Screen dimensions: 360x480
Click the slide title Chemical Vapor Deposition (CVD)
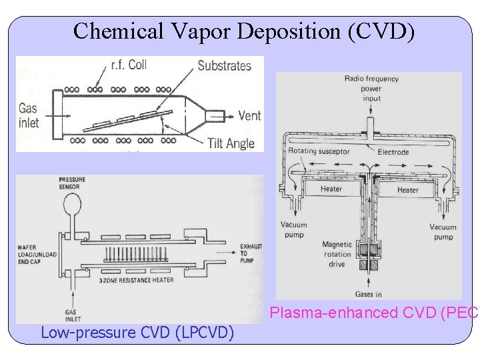pos(244,31)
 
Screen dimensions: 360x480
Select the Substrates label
pos(224,65)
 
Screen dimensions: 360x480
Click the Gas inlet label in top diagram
pos(28,115)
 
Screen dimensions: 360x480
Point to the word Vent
pos(249,115)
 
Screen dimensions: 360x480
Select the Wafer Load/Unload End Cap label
pos(37,255)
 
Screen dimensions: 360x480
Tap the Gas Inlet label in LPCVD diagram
pos(72,315)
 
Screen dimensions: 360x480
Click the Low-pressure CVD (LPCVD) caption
pos(137,331)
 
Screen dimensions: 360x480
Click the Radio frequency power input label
pos(371,88)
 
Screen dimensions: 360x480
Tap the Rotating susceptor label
pos(319,151)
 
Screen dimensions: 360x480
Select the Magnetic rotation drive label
pos(337,254)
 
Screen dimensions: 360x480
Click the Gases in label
pos(369,294)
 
